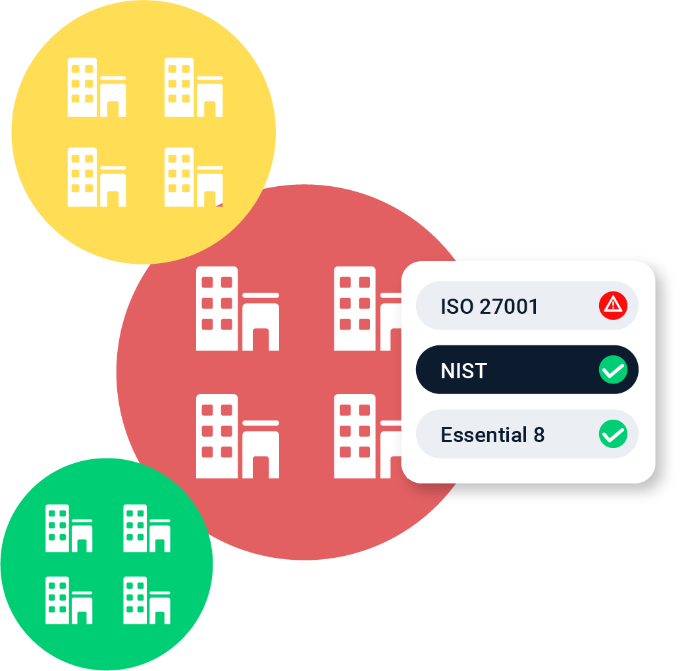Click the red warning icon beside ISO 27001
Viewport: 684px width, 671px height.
[x=613, y=306]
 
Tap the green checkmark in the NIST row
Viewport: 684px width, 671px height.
[x=613, y=370]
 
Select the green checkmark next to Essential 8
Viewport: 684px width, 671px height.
[x=613, y=435]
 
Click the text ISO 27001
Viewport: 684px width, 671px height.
[x=489, y=307]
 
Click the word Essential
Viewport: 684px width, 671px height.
[x=483, y=435]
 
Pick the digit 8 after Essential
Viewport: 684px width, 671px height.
[x=539, y=435]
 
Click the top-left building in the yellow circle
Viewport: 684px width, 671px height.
[x=96, y=87]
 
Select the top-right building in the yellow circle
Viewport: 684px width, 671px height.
[x=193, y=87]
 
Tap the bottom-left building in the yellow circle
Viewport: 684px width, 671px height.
[x=96, y=178]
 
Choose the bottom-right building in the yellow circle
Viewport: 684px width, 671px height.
[x=193, y=178]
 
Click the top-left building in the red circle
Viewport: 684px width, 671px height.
[x=237, y=309]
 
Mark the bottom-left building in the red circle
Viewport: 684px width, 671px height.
[x=237, y=436]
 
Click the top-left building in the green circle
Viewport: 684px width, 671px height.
[x=69, y=528]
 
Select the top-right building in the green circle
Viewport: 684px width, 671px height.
[x=147, y=528]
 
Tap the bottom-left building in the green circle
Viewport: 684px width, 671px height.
[x=69, y=600]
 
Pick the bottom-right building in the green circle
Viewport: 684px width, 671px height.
[x=147, y=600]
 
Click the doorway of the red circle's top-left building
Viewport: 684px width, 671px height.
[x=261, y=339]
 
